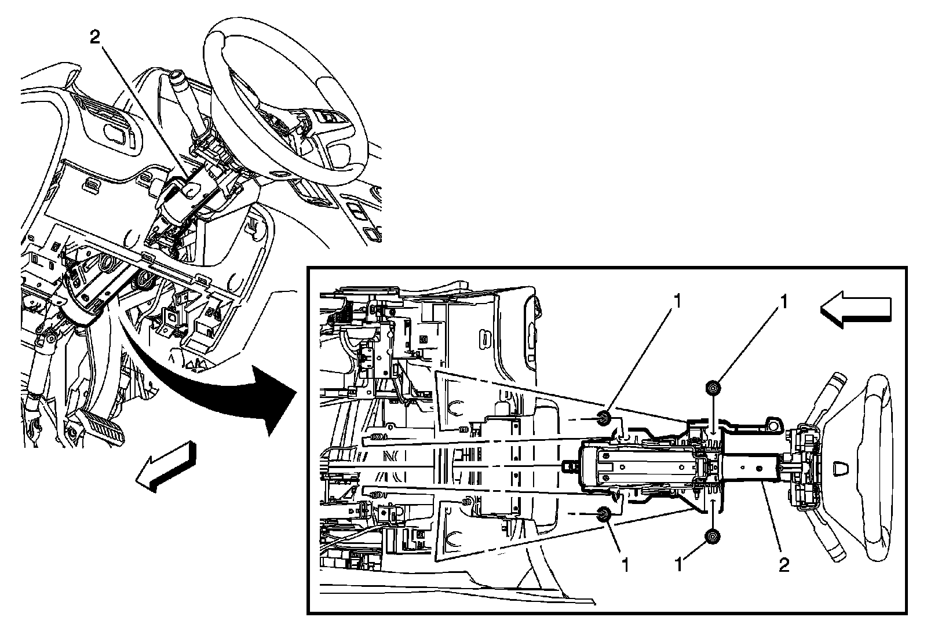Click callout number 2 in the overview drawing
[96, 38]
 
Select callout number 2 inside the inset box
[784, 564]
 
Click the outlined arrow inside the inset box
[856, 312]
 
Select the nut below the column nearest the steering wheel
[712, 537]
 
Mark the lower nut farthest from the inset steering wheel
[604, 513]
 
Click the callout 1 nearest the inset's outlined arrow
[784, 302]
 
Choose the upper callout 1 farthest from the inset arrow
[677, 302]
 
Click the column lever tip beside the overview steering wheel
[177, 77]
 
